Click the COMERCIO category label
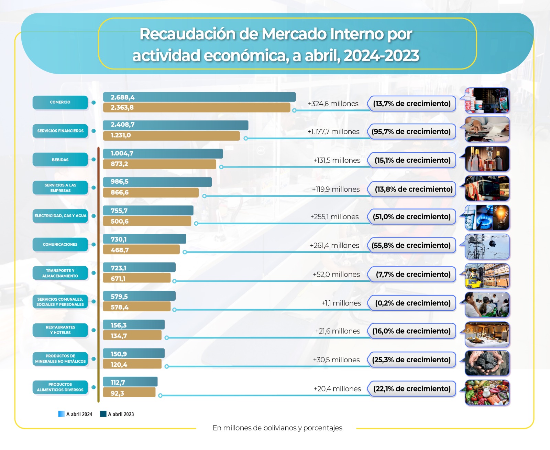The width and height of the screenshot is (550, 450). [60, 102]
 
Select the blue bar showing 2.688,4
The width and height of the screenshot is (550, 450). [199, 97]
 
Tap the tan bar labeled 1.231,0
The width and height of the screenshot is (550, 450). [171, 136]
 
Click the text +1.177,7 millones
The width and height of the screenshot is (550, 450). [333, 132]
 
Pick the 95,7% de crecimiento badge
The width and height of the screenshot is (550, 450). [411, 132]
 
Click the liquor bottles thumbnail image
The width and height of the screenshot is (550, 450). [487, 159]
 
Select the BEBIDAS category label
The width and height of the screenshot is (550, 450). [60, 160]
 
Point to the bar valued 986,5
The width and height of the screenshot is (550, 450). [157, 182]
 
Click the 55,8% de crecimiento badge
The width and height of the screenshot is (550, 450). [411, 246]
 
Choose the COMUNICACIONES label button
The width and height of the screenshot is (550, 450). [60, 245]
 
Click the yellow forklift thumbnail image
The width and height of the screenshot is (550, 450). [487, 276]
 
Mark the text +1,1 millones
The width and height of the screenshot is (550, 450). [341, 303]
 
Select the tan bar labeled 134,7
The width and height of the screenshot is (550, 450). [132, 336]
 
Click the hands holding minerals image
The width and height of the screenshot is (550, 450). [487, 363]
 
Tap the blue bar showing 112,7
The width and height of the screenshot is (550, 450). [130, 382]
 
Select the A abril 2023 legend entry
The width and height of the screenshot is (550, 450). [117, 414]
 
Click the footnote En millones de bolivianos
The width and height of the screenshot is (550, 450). [277, 428]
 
